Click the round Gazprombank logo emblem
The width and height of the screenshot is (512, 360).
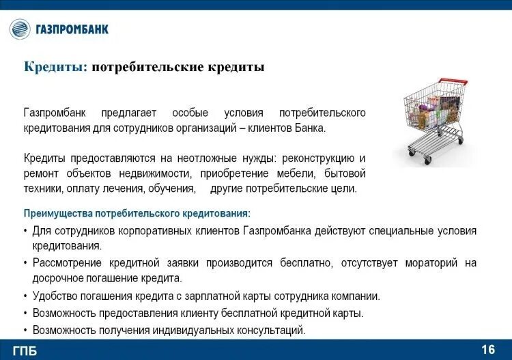(20, 29)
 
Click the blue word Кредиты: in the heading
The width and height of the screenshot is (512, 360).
(55, 67)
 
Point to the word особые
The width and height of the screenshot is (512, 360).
(189, 113)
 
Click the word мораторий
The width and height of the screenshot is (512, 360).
(437, 262)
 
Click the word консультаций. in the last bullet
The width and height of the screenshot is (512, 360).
(272, 330)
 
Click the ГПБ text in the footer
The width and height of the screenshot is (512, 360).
(25, 351)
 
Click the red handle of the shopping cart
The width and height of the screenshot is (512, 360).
(453, 81)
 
